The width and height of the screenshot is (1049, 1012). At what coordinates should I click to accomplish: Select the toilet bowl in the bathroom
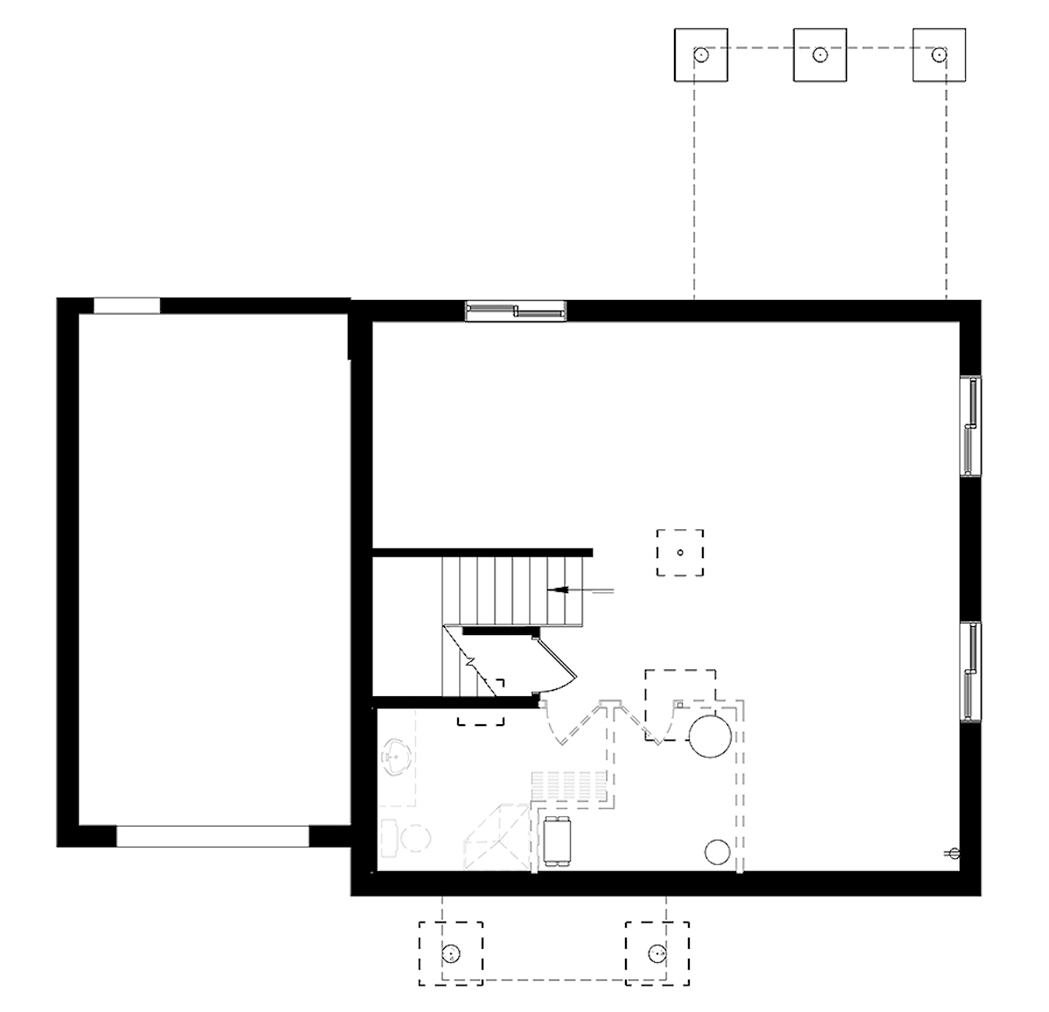point(415,838)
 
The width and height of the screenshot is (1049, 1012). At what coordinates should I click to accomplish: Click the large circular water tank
point(709,736)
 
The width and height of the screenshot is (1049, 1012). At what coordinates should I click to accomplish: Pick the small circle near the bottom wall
point(717,851)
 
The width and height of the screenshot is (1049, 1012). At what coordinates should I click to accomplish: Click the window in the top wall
point(516,311)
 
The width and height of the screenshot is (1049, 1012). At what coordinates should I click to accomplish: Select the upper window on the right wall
point(970,426)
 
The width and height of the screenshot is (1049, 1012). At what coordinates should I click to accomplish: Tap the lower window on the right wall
point(970,672)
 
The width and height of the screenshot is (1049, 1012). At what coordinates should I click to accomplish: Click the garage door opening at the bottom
point(212,836)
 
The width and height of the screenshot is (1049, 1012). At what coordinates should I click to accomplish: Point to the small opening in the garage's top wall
point(127,306)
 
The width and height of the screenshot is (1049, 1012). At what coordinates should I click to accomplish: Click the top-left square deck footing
point(701,55)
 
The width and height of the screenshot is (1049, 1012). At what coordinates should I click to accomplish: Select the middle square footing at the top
point(819,55)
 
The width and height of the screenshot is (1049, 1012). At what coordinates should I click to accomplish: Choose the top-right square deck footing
point(939,55)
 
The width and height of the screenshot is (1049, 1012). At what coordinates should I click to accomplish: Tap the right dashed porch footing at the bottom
point(656,953)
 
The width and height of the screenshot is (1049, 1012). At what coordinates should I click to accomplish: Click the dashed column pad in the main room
point(680,553)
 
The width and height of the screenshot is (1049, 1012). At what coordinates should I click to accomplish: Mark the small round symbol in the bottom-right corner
point(954,853)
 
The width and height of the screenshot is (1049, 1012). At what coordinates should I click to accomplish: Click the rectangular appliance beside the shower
point(556,841)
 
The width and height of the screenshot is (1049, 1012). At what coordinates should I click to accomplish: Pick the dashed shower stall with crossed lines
point(497,837)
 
